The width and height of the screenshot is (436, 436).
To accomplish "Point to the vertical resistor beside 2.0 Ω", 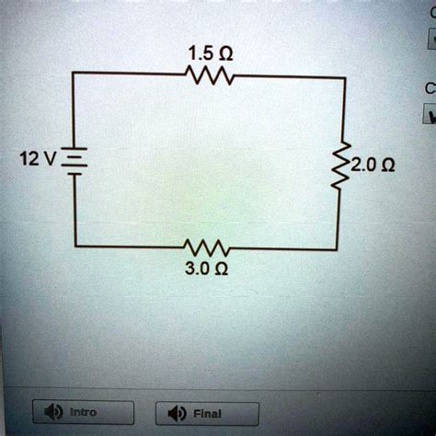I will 344,165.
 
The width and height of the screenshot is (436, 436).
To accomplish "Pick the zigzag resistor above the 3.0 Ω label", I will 207,248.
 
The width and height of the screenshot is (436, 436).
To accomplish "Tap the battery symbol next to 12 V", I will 75,155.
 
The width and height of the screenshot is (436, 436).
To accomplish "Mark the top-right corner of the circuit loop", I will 344,78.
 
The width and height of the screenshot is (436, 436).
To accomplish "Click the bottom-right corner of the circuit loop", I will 344,248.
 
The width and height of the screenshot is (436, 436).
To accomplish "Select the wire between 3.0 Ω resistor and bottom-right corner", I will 285,248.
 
